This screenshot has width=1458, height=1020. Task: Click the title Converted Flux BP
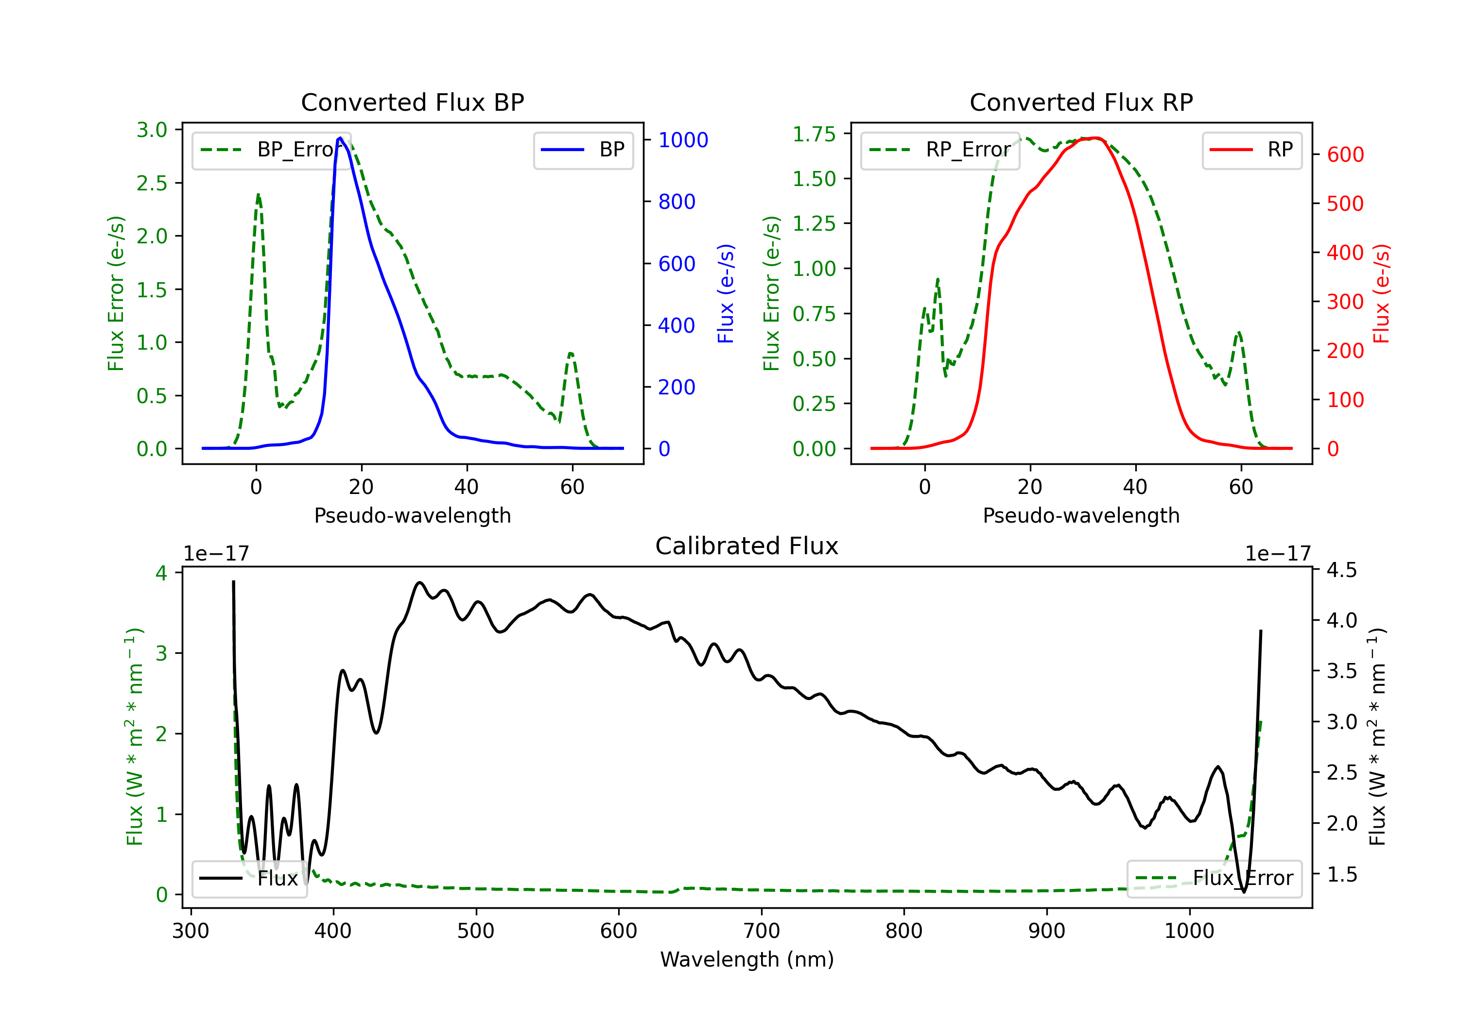pos(412,102)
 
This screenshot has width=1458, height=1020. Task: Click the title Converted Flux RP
pos(1081,102)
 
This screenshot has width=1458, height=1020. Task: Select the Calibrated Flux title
pos(747,546)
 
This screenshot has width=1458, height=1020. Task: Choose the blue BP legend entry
pos(583,150)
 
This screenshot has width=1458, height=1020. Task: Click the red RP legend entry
pos(1251,150)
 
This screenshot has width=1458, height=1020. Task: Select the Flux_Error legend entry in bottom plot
pos(1214,879)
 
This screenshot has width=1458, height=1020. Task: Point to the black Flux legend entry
pos(249,879)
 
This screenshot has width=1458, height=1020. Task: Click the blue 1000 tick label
pos(683,139)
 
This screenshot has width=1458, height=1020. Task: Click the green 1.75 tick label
pos(814,134)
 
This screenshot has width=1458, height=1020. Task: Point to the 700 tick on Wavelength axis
pos(762,931)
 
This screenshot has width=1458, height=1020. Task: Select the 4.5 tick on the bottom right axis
pos(1342,570)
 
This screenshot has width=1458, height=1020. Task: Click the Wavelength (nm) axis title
pos(747,959)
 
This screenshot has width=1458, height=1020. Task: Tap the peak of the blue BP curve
pos(340,138)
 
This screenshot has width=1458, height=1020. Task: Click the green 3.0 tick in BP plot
pos(152,130)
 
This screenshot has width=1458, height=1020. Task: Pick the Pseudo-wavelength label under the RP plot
pos(1081,515)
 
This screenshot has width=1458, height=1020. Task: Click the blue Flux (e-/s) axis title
pos(726,293)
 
